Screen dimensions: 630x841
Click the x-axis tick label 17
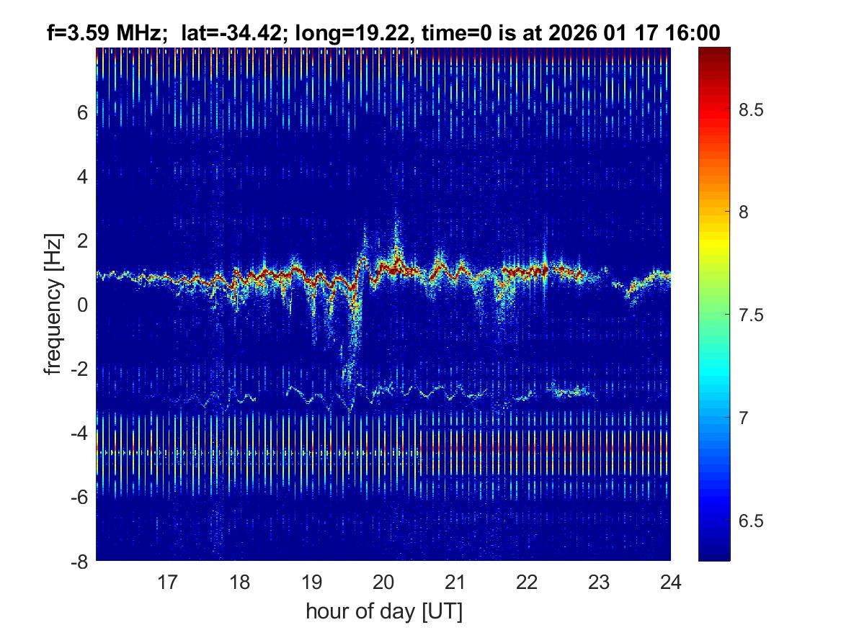[x=168, y=581]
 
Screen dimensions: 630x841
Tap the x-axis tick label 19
[x=311, y=581]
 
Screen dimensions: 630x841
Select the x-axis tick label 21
[x=455, y=581]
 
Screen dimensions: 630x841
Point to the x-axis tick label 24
[x=670, y=581]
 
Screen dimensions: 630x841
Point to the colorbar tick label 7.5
[x=752, y=315]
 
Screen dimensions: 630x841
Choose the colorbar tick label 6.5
[x=752, y=520]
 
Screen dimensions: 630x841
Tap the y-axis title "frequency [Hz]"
[x=53, y=304]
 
